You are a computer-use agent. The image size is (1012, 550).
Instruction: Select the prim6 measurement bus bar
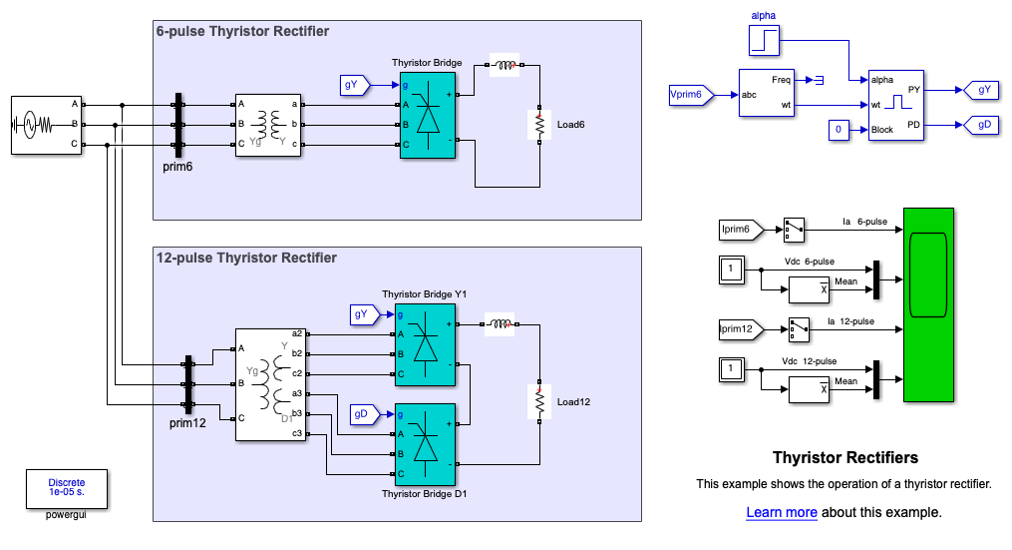(x=178, y=125)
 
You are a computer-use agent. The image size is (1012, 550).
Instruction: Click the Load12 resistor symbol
(x=539, y=402)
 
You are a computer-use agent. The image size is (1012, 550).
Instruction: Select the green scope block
(x=928, y=304)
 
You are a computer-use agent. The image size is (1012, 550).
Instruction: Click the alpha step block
(x=765, y=41)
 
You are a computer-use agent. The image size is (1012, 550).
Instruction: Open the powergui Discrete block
(x=68, y=488)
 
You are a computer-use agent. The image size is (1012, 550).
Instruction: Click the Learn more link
(x=782, y=512)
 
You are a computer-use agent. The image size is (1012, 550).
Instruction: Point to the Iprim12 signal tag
(x=739, y=327)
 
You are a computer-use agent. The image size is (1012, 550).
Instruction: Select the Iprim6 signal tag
(x=739, y=231)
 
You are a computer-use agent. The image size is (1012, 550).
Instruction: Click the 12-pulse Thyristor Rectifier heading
(x=246, y=258)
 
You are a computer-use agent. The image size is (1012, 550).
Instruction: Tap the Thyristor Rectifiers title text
(x=845, y=458)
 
